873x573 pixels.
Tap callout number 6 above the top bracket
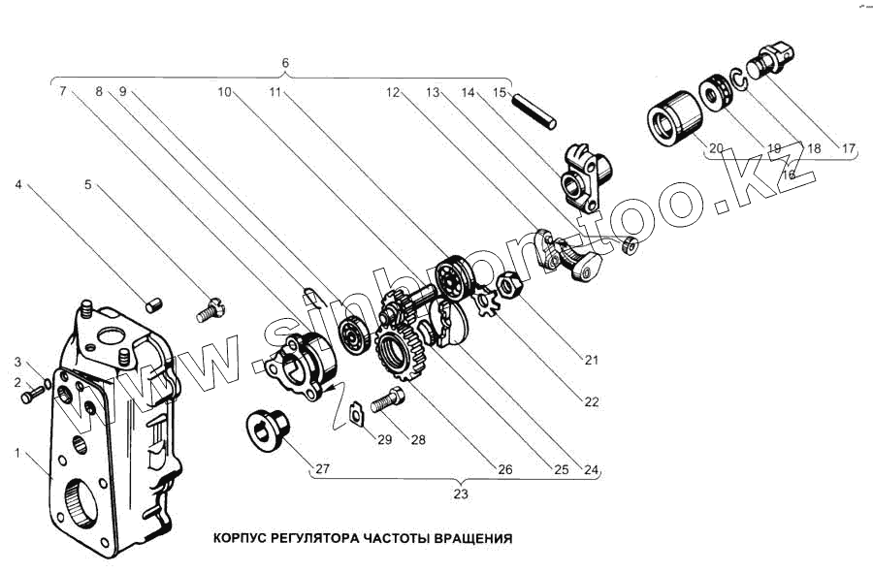coord(284,64)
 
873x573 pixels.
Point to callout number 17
coord(849,149)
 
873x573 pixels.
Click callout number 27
coord(322,469)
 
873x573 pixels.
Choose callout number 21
coord(589,360)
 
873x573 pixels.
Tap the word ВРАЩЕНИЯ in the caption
coord(472,537)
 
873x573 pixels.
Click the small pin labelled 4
coord(152,305)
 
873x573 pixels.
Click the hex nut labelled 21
coord(508,285)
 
